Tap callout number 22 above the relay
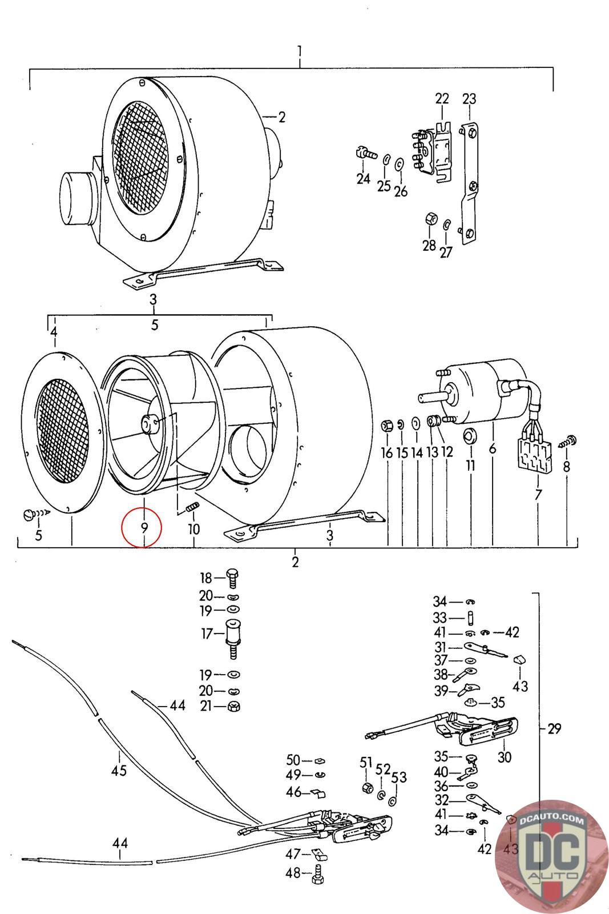click(x=442, y=98)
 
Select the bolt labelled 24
click(x=365, y=154)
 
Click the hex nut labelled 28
click(x=431, y=219)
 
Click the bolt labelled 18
click(x=232, y=578)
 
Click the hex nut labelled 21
click(x=234, y=706)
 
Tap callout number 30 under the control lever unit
click(x=504, y=757)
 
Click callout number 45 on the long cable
click(x=119, y=770)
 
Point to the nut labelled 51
click(x=368, y=788)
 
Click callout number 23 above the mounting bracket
click(x=469, y=98)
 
